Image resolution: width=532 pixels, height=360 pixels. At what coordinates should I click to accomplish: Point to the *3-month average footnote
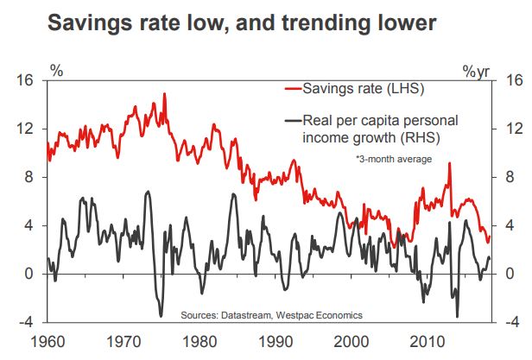(393, 160)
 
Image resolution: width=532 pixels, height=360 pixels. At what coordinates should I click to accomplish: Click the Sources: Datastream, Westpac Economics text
(271, 315)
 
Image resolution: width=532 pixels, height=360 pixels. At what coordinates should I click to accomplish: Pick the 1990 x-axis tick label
(275, 342)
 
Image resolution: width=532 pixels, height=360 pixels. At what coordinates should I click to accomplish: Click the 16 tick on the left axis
(23, 80)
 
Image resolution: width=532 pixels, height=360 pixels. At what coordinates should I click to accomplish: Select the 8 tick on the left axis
(27, 177)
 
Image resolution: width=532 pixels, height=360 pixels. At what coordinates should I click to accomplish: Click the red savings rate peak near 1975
(164, 94)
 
